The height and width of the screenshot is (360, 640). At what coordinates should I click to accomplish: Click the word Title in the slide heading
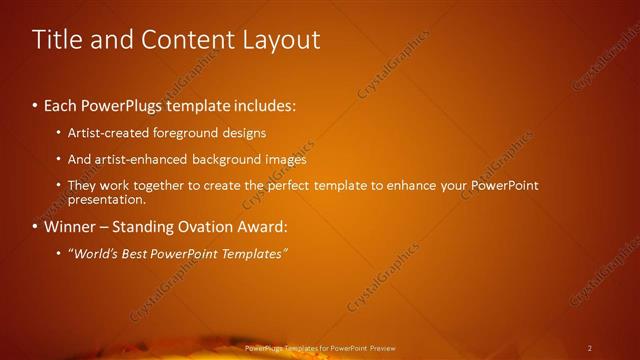pyautogui.click(x=58, y=39)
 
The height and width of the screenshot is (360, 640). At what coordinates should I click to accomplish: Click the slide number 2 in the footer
pyautogui.click(x=590, y=348)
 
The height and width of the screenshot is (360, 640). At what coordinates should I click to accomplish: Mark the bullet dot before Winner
pyautogui.click(x=35, y=227)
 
